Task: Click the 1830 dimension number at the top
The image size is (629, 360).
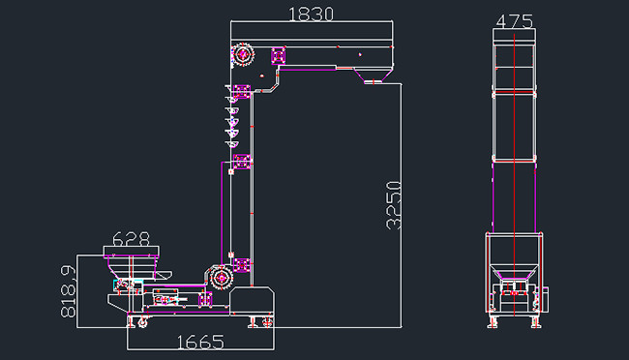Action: pyautogui.click(x=311, y=15)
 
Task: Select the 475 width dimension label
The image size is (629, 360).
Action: pyautogui.click(x=515, y=21)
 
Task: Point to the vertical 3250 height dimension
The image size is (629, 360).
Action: pyautogui.click(x=394, y=205)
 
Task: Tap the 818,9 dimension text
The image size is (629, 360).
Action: pyautogui.click(x=68, y=291)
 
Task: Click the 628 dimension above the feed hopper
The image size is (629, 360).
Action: pyautogui.click(x=131, y=239)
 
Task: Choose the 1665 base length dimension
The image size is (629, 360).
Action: pyautogui.click(x=200, y=343)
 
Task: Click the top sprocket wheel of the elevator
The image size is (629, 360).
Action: pyautogui.click(x=243, y=54)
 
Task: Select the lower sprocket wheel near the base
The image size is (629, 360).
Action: pyautogui.click(x=221, y=278)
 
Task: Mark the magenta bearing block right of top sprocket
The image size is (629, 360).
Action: pyautogui.click(x=278, y=55)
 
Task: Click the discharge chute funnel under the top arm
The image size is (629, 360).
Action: pyautogui.click(x=374, y=75)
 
